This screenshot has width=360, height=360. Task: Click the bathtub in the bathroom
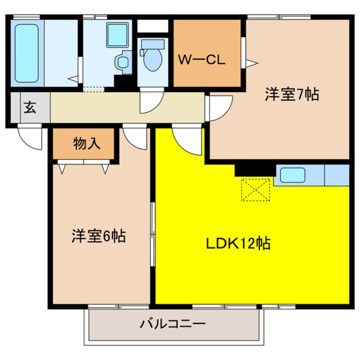pyautogui.click(x=27, y=53)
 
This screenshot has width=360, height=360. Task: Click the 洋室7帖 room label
pyautogui.click(x=292, y=94)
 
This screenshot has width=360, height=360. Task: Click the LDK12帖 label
pyautogui.click(x=239, y=243)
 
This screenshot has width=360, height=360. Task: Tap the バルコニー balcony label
pyautogui.click(x=173, y=324)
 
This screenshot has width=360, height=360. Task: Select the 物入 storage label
pyautogui.click(x=87, y=144)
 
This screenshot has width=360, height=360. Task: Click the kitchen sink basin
pyautogui.click(x=292, y=175)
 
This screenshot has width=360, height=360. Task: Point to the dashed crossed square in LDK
pyautogui.click(x=256, y=189)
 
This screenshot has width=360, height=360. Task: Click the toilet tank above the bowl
pyautogui.click(x=152, y=44)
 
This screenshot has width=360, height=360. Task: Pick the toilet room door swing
pyautogui.click(x=151, y=101)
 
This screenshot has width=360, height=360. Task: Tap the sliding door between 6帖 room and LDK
pyautogui.click(x=153, y=234)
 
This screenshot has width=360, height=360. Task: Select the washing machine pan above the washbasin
pyautogui.click(x=117, y=34)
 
